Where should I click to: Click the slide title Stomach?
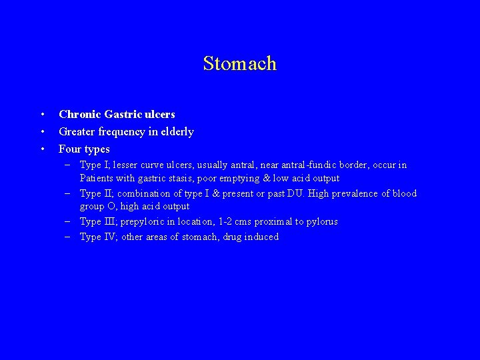pyautogui.click(x=239, y=64)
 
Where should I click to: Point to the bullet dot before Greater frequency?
pyautogui.click(x=41, y=132)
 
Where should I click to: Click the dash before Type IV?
pyautogui.click(x=69, y=237)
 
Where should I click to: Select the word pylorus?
pyautogui.click(x=322, y=222)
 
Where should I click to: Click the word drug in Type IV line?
pyautogui.click(x=228, y=237)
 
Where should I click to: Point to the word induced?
pyautogui.click(x=261, y=237)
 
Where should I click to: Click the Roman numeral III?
pyautogui.click(x=111, y=222)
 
